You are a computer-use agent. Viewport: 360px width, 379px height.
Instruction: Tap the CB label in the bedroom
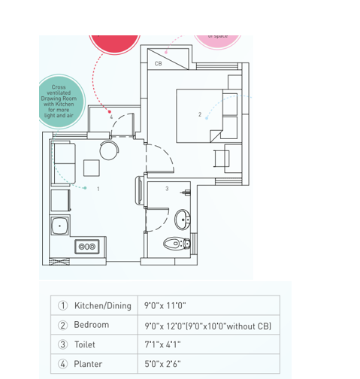coord(158,64)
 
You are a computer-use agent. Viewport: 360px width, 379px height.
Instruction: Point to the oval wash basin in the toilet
coord(182,220)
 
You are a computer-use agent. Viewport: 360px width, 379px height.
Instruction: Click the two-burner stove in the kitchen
coord(86,246)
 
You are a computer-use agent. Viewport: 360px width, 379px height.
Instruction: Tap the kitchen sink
coord(59,225)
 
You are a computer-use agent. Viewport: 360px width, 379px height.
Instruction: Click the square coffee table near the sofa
coord(92,168)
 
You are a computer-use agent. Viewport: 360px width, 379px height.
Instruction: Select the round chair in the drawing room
coord(109,150)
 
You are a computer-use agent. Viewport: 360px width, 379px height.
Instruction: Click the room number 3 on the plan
coord(167,189)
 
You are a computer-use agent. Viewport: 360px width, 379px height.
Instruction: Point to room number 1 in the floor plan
coord(98,189)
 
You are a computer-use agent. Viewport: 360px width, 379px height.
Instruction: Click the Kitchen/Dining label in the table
coord(102,306)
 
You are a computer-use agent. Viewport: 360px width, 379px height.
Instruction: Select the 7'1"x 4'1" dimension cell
coord(162,345)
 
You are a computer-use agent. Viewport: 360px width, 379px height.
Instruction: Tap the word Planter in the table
coord(88,364)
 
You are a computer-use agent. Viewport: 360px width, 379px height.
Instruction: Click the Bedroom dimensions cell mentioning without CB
coord(207,326)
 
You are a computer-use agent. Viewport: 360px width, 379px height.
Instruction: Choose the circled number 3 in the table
coord(63,345)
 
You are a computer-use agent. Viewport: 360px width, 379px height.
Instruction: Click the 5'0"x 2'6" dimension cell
coord(162,364)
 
